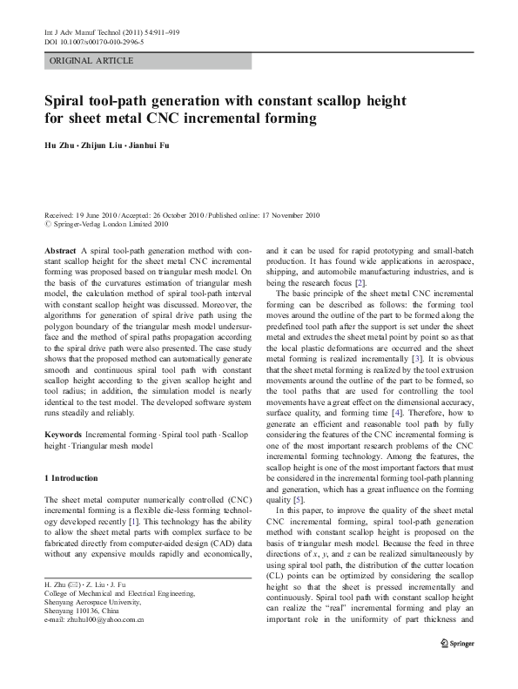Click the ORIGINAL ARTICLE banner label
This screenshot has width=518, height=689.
coord(91,61)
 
